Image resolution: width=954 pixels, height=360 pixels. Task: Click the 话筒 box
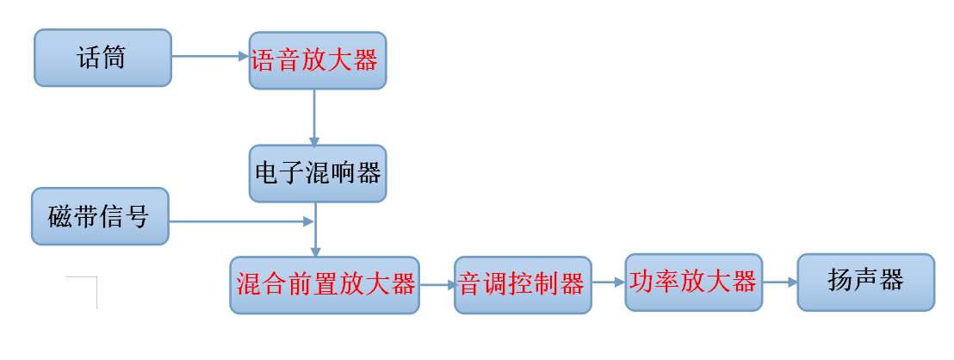[x=102, y=58]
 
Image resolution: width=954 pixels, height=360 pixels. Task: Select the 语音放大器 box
[x=318, y=60]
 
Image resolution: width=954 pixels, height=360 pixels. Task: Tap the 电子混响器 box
[x=318, y=173]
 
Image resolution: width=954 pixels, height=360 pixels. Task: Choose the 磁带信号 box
[x=99, y=216]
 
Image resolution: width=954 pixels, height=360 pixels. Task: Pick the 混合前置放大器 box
[x=325, y=284]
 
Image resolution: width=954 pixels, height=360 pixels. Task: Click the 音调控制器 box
[x=523, y=284]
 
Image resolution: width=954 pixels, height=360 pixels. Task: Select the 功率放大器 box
[x=693, y=282]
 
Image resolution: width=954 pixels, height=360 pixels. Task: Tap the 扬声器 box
[x=865, y=282]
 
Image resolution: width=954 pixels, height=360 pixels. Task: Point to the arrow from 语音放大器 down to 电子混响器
[x=314, y=116]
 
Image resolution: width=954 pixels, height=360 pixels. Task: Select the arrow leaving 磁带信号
[x=241, y=221]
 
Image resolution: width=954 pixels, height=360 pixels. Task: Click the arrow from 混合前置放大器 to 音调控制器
[x=437, y=284]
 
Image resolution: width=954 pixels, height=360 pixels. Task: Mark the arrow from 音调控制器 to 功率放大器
[x=608, y=282]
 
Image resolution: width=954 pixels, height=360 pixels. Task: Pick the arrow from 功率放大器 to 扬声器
[x=779, y=282]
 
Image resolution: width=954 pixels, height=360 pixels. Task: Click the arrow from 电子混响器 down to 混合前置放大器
[x=315, y=230]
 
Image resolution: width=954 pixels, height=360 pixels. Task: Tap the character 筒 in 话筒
[x=114, y=58]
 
